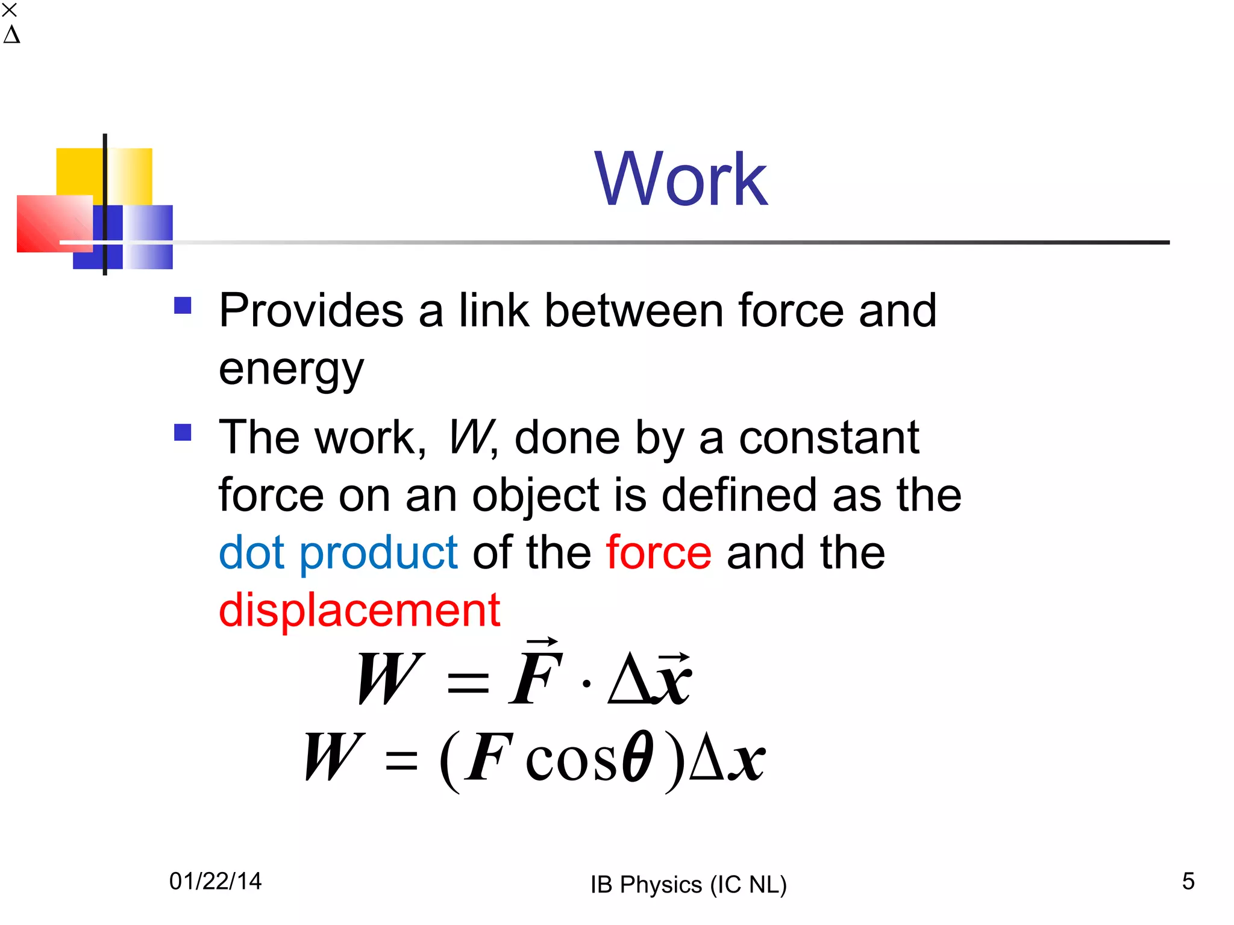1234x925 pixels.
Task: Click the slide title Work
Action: coord(680,179)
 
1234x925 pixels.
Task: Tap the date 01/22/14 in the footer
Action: coord(215,881)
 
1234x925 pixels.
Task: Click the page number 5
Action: coord(1188,881)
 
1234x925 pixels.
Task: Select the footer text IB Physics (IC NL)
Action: coord(688,885)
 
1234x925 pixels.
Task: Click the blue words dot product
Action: coord(338,553)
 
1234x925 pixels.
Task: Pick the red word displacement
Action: coord(359,610)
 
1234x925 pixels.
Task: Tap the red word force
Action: coord(659,553)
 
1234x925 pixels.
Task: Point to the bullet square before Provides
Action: coord(183,305)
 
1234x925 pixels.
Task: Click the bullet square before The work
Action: coord(183,432)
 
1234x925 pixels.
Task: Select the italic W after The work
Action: coord(471,437)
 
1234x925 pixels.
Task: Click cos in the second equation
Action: coord(571,760)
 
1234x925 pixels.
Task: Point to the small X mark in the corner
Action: coord(10,10)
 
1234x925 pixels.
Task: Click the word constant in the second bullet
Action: coord(828,437)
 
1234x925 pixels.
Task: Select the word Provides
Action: coord(311,311)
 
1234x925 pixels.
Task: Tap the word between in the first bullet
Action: coord(634,311)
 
